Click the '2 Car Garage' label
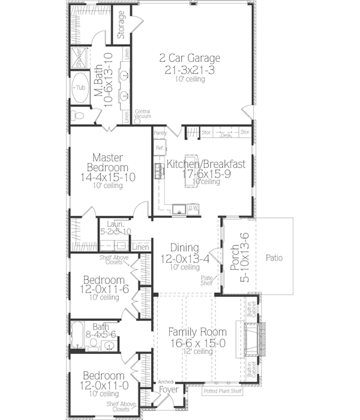pos(190,58)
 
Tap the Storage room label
pos(121,25)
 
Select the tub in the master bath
pos(79,88)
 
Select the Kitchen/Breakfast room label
pos(206,164)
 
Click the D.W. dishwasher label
pos(193,208)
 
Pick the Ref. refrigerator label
pos(160,147)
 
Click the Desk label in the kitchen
pos(226,136)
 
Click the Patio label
pos(275,259)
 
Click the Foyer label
pos(167,389)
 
